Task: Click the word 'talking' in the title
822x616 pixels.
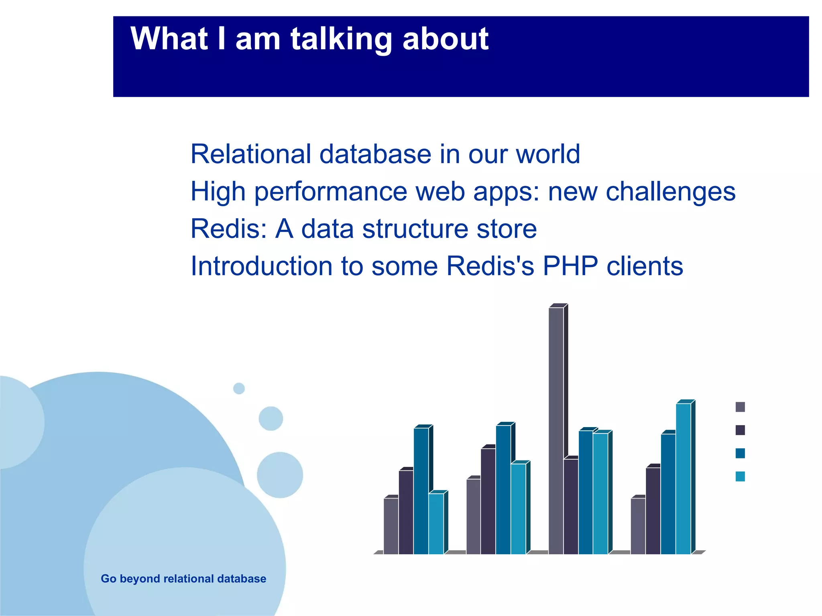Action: tap(341, 39)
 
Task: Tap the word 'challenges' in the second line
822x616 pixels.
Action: tap(670, 191)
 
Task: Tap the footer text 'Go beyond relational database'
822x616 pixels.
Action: tap(183, 579)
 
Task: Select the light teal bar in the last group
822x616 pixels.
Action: tap(683, 479)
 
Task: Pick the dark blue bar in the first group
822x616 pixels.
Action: tap(421, 491)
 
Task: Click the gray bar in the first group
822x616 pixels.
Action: tap(391, 526)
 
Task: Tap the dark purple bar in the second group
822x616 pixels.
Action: tap(488, 501)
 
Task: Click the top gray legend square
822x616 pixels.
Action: tap(740, 407)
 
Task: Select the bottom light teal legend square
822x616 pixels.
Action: tap(740, 476)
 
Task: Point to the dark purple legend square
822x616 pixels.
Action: tap(740, 430)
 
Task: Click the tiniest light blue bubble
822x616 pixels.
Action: tap(239, 388)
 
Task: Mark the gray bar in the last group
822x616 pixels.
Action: tap(638, 526)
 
